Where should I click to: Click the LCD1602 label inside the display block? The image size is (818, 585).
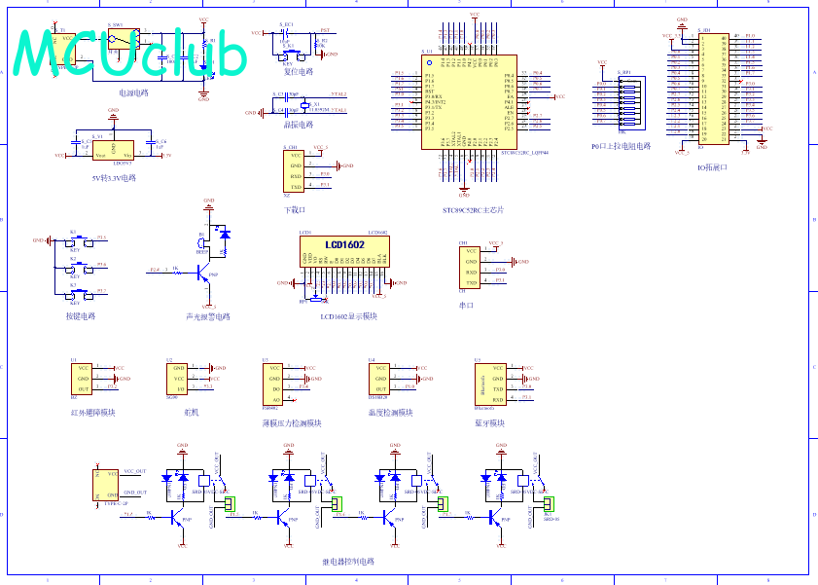[345, 244]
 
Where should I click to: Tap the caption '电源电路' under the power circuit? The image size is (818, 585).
[133, 92]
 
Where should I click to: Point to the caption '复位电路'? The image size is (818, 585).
[299, 71]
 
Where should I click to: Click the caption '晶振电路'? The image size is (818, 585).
[299, 125]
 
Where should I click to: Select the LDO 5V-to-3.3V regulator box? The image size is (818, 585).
[114, 151]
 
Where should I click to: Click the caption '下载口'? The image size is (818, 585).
[295, 209]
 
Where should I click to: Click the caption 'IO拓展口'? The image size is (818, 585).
[713, 167]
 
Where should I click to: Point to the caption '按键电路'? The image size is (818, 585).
[81, 315]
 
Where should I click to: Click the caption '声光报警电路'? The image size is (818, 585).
[208, 316]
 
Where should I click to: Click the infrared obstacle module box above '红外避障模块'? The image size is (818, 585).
[85, 379]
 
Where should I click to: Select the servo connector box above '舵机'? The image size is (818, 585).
[179, 379]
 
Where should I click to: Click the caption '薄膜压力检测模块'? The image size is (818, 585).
[292, 423]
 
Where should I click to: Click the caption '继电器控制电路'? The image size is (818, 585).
[348, 562]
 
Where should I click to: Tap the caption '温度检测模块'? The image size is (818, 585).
[390, 412]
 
